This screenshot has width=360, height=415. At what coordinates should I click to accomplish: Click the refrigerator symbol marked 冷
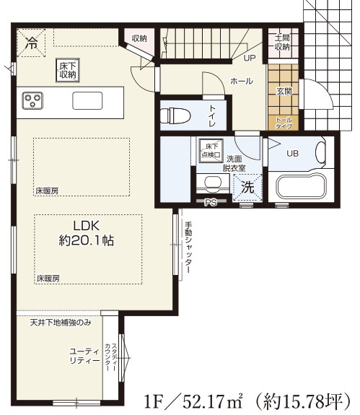[x=31, y=43]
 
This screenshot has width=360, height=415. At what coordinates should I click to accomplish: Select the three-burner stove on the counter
[x=34, y=100]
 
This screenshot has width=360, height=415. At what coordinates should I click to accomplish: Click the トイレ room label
[x=214, y=114]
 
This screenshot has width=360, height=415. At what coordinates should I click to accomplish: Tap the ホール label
[x=241, y=81]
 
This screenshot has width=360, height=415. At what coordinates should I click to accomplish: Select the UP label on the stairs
[x=250, y=58]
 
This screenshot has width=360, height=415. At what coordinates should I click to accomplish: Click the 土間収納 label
[x=281, y=41]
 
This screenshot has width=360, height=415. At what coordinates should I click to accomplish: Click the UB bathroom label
[x=292, y=153]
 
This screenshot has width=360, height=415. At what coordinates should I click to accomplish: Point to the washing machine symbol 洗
[x=247, y=185]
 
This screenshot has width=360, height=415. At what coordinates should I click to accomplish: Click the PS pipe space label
[x=210, y=203]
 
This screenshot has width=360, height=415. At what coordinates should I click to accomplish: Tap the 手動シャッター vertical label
[x=188, y=245]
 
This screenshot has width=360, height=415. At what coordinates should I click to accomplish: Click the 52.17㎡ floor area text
[x=208, y=398]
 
